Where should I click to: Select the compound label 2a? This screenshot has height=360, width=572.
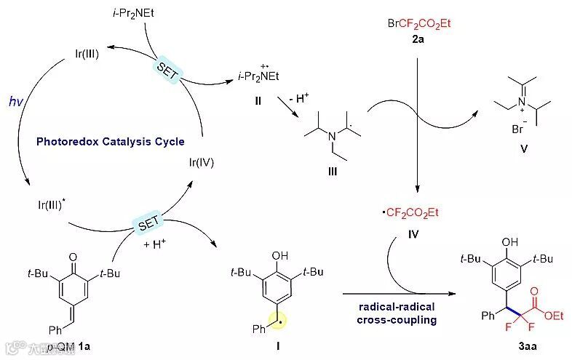(x=418, y=37)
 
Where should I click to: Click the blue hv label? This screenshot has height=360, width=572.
(x=16, y=102)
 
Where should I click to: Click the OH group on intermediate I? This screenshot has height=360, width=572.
(x=279, y=256)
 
